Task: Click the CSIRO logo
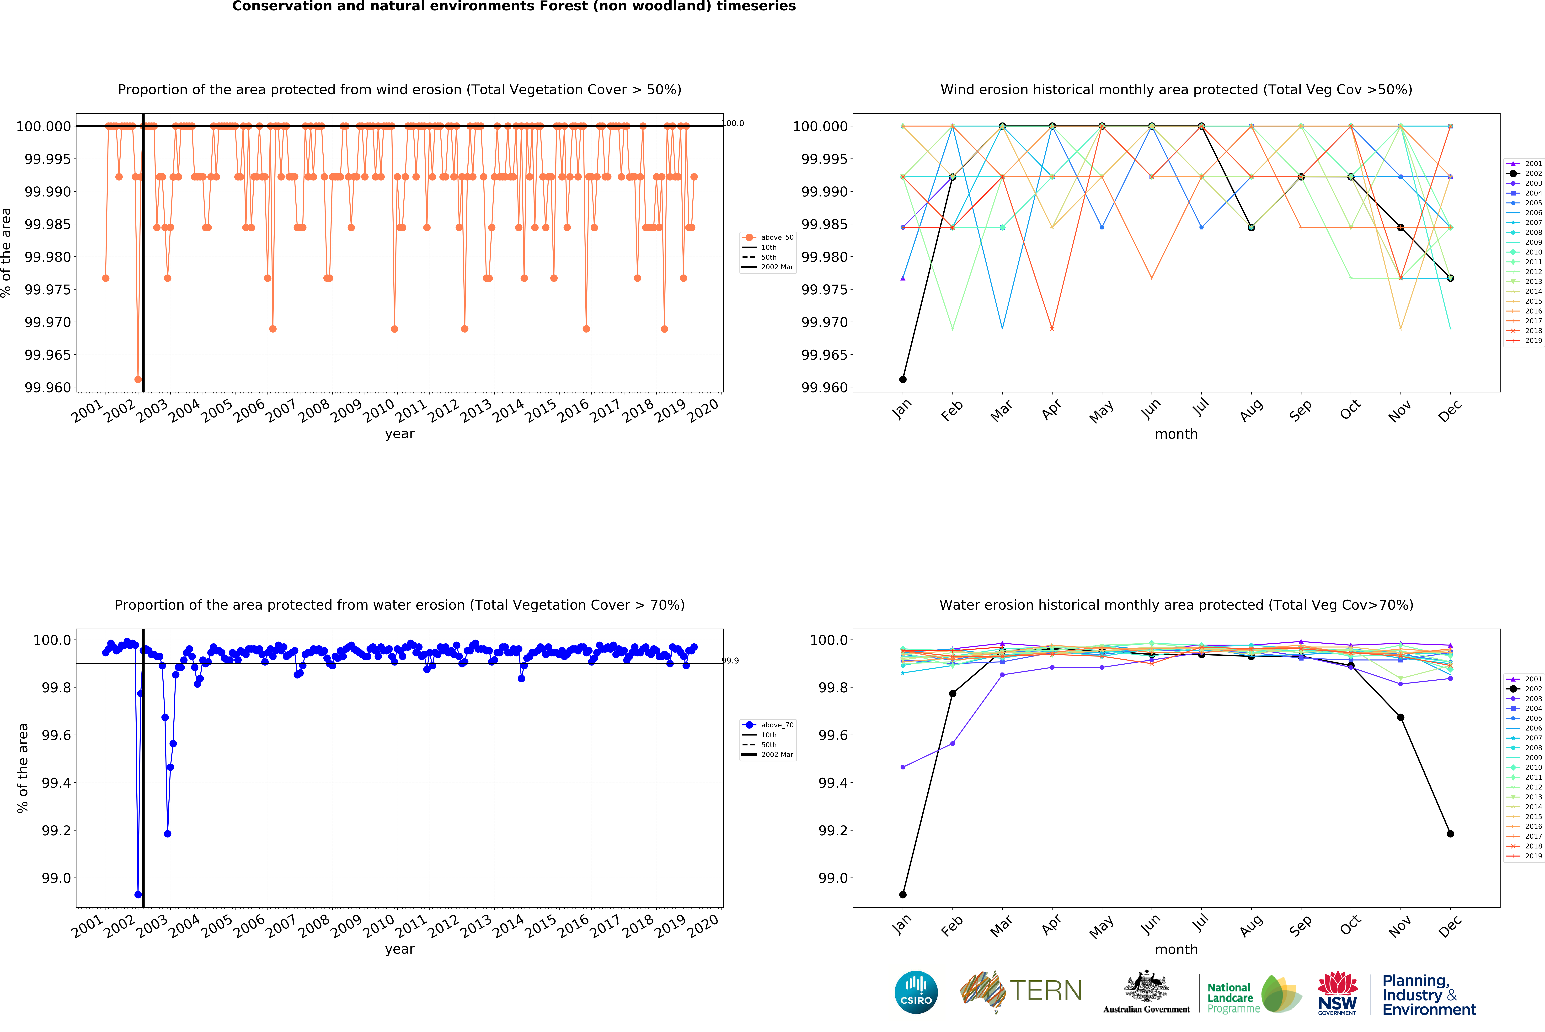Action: point(916,992)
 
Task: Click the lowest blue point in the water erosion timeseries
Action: point(138,894)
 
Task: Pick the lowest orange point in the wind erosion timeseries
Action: point(138,379)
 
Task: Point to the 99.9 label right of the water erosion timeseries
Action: point(730,661)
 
